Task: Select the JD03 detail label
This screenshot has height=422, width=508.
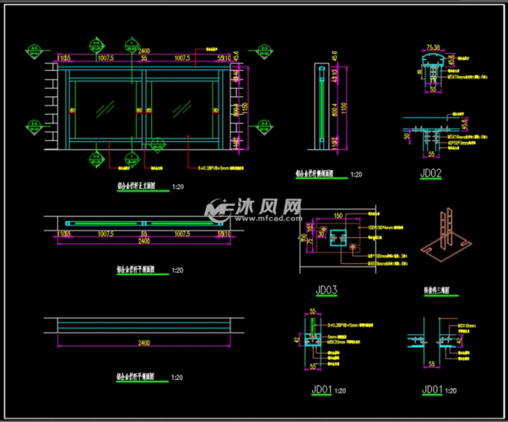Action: point(327,290)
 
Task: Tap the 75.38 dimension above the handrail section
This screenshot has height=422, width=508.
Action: point(434,47)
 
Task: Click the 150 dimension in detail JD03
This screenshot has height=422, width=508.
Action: point(338,216)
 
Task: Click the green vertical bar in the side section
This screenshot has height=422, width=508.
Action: point(322,105)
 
